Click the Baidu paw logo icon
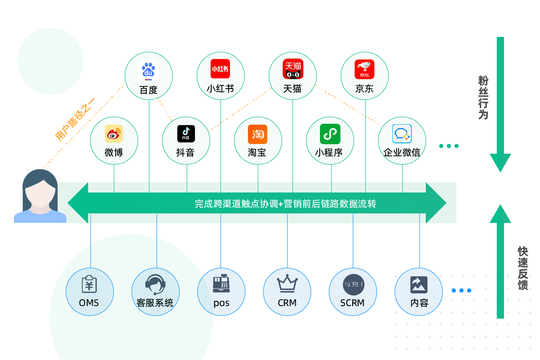click(148, 71)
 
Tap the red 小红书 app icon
click(220, 69)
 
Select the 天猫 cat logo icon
click(292, 69)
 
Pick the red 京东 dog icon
click(364, 69)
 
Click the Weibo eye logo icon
click(114, 134)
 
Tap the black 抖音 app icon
click(186, 134)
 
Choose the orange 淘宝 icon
click(258, 134)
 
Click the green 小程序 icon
click(330, 134)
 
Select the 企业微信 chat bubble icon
click(402, 134)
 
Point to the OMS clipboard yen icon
click(89, 284)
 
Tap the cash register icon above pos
click(221, 283)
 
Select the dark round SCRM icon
click(353, 284)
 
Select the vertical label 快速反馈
click(522, 268)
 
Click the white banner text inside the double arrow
click(285, 204)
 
